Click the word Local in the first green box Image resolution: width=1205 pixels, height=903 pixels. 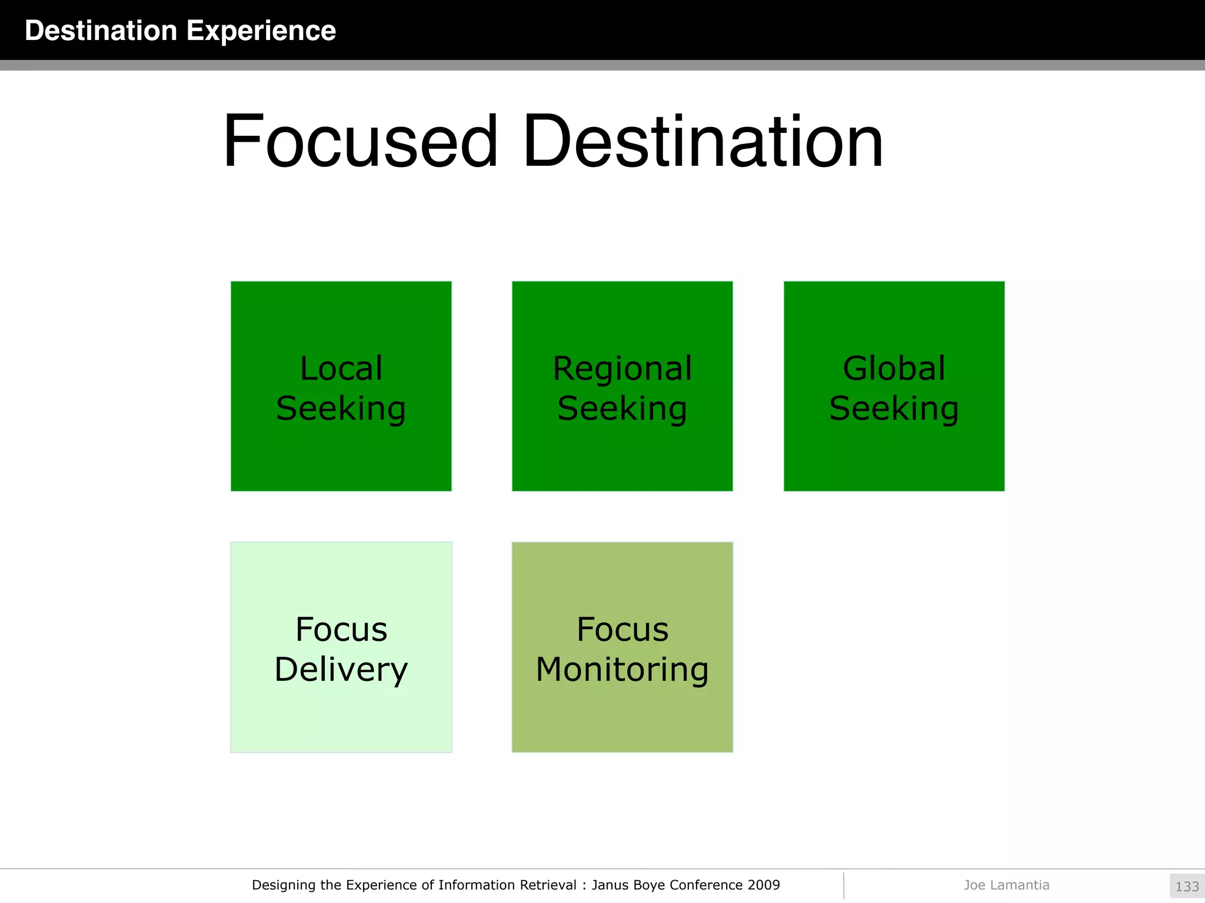tap(341, 369)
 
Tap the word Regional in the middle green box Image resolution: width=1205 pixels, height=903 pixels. tap(623, 369)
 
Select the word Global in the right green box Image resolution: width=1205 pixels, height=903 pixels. tap(894, 369)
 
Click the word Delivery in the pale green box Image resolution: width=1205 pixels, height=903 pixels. tap(341, 670)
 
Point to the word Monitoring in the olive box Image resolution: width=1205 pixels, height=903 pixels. tap(623, 670)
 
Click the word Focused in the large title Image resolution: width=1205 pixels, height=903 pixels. tap(361, 142)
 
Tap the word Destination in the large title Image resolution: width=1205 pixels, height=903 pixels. tap(703, 142)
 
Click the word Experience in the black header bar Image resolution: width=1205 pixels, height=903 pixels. tap(261, 31)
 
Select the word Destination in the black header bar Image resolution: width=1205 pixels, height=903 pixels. tap(101, 31)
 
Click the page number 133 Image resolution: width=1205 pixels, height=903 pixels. tap(1187, 887)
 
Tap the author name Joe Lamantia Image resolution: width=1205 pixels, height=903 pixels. tap(1006, 885)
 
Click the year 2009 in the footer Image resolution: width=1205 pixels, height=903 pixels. tap(764, 885)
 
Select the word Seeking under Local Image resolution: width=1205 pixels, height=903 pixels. tap(341, 409)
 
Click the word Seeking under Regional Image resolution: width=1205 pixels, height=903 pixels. tap(623, 409)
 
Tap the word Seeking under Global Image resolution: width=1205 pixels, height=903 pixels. tap(894, 409)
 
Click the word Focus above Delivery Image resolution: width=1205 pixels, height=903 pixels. tap(341, 630)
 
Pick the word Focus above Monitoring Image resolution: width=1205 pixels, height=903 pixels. tap(623, 630)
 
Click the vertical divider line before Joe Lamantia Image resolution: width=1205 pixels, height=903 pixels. tap(844, 885)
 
